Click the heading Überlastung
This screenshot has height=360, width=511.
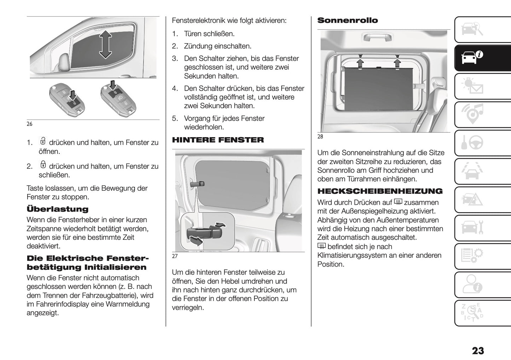[57, 209]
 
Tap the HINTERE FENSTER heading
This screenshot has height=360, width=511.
[218, 140]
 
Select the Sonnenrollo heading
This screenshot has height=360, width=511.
[347, 21]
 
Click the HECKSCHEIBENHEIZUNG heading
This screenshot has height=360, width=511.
[380, 191]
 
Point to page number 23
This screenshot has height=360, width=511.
[478, 350]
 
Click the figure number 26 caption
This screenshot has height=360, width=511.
[29, 124]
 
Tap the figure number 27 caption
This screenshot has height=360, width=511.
[175, 256]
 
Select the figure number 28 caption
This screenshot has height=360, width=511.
[320, 137]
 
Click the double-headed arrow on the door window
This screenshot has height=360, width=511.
[105, 44]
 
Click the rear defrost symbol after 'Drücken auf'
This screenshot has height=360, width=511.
[398, 202]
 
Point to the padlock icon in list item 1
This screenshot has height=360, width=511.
[43, 141]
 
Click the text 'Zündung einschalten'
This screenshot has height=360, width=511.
[217, 46]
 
